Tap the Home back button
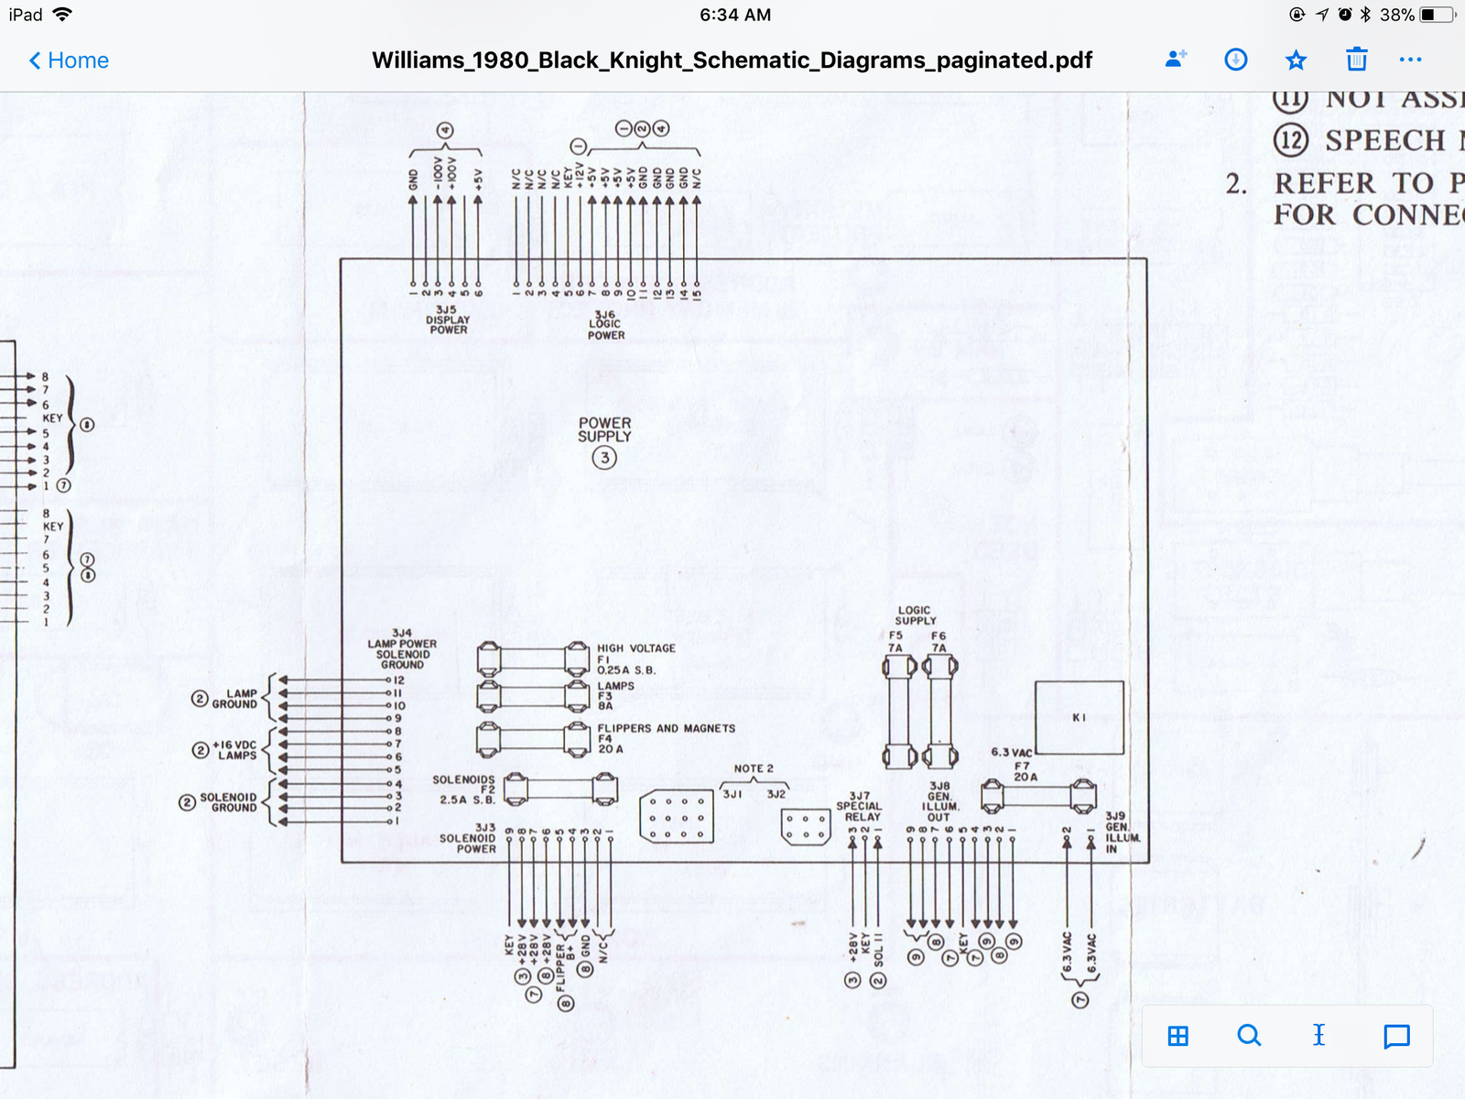69,60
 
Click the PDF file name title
732,60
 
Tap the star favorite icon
1296,60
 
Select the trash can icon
1356,60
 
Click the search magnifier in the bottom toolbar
1248,1036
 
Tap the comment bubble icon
1396,1036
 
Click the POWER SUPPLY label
604,430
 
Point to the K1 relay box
1079,717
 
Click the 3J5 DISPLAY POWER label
447,320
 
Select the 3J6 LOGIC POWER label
605,324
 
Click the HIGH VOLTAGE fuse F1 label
635,658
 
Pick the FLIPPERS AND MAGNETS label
666,728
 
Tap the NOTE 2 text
754,768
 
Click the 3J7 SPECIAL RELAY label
861,806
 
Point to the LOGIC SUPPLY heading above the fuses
915,615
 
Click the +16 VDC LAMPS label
234,750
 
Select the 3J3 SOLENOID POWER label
469,838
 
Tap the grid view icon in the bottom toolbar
1178,1036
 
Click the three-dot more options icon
1410,60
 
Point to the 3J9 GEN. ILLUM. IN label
1121,832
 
